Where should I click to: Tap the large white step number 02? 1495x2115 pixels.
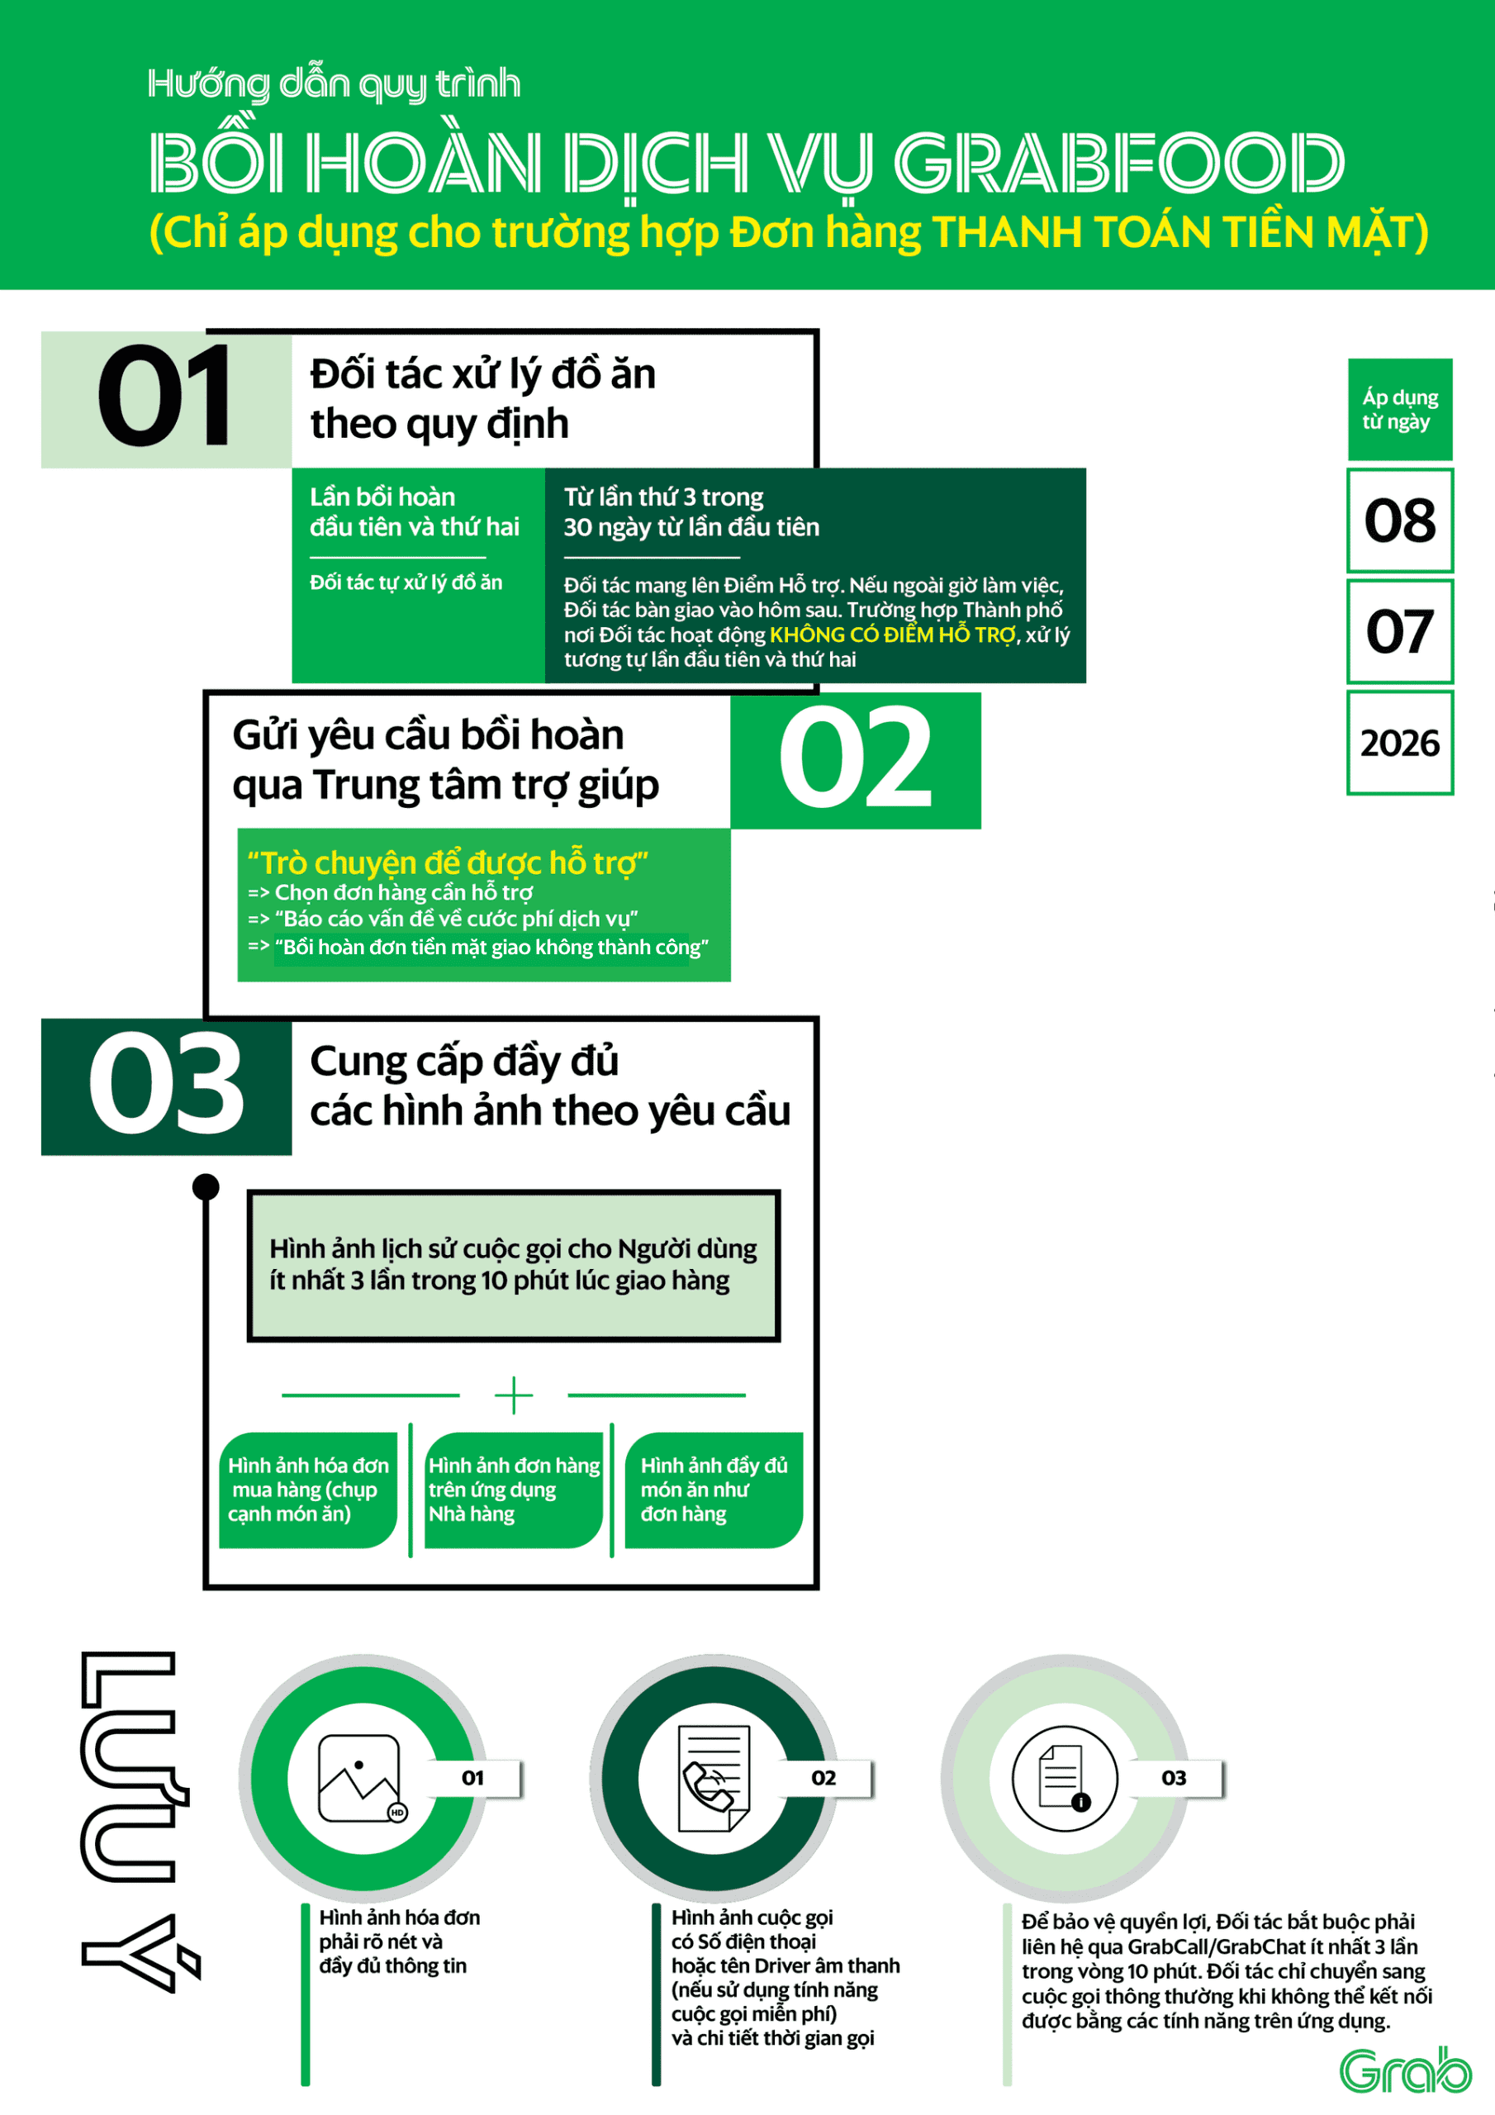tap(856, 758)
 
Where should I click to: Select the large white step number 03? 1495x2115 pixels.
tap(166, 1083)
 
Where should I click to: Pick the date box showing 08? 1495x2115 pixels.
tap(1400, 520)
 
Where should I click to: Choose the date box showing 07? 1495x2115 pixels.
tap(1400, 632)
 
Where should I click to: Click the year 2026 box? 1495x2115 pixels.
tap(1400, 743)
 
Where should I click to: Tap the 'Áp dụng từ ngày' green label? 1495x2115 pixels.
tap(1400, 409)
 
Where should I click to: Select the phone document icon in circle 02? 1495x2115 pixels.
tap(713, 1779)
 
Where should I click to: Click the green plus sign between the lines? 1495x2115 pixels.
tap(513, 1395)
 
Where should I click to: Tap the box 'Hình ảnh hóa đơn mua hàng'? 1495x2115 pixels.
tap(307, 1490)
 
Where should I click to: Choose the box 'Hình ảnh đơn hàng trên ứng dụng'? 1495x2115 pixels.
tap(514, 1490)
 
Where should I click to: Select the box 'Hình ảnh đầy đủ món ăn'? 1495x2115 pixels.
tap(714, 1490)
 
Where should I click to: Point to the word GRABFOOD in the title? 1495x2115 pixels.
tap(1119, 163)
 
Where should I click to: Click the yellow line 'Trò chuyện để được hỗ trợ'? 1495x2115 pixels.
tap(448, 863)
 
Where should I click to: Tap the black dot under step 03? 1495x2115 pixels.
tap(206, 1186)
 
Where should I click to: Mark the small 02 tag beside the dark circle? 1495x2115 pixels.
tap(823, 1778)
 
